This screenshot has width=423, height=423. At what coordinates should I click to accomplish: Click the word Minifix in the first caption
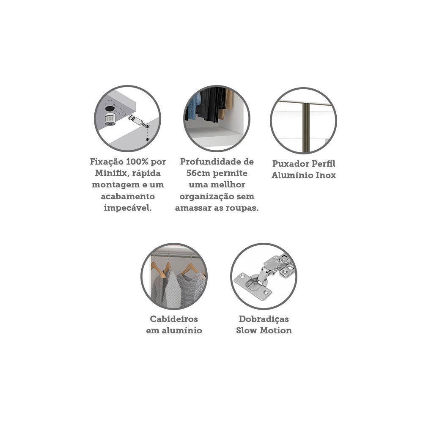click(110, 173)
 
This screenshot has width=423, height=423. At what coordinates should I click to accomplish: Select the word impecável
click(128, 208)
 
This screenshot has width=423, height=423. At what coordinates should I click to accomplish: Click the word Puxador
click(290, 164)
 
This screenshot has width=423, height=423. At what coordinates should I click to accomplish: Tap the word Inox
click(326, 176)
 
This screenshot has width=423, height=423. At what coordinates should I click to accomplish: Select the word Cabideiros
click(174, 319)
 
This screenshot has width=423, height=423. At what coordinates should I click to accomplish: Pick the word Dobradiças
click(264, 319)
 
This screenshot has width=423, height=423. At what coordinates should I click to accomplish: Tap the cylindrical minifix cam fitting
click(110, 119)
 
